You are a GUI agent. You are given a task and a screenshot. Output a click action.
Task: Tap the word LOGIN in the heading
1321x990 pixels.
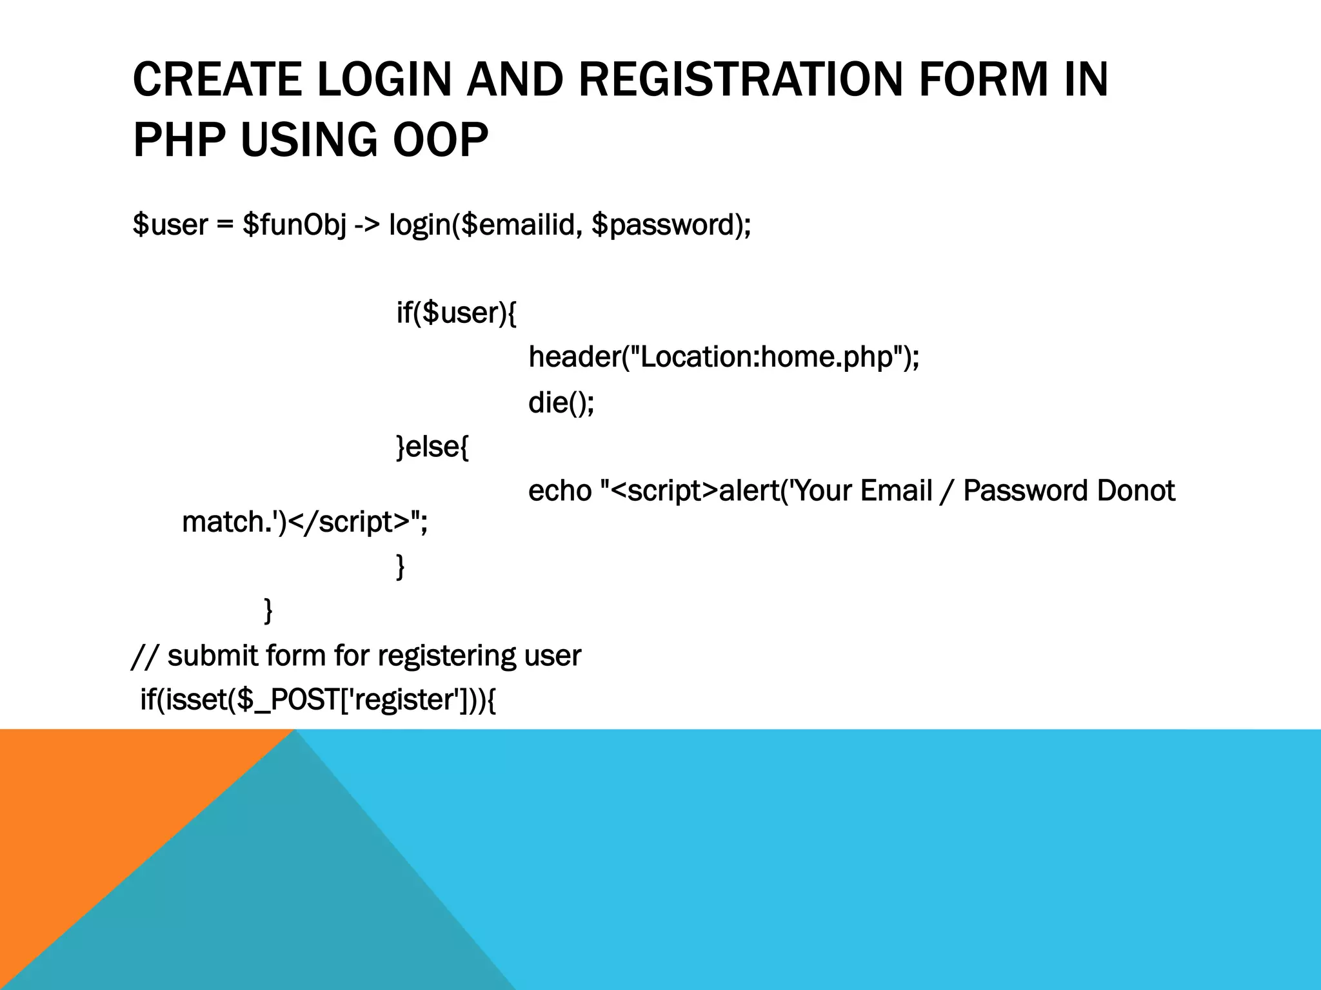384,80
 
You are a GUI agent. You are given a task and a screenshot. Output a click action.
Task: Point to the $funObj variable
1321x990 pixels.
294,225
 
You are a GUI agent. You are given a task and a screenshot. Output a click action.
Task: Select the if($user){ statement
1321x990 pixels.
456,313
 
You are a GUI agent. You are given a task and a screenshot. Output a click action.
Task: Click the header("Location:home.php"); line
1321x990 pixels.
724,357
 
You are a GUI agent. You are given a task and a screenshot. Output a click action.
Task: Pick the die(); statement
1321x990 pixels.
561,402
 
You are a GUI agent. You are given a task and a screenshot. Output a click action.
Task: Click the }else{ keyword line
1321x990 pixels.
432,447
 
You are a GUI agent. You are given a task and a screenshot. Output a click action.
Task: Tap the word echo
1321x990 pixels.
559,491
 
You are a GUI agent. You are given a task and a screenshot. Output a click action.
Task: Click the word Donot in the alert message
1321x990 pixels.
1135,491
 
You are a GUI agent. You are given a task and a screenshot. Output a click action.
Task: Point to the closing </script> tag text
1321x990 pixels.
348,522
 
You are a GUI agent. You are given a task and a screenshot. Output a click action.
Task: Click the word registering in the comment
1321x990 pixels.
446,656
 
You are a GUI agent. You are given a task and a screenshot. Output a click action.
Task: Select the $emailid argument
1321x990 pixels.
521,225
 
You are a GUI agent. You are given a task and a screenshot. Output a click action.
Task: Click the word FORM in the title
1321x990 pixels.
983,80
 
